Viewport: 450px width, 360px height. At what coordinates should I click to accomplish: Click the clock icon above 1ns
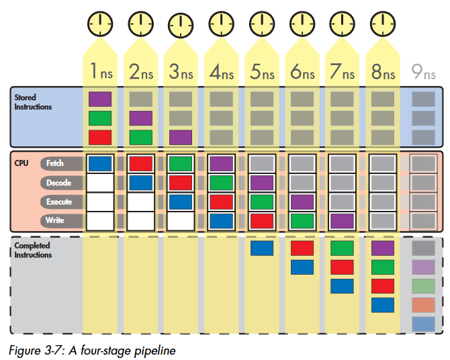click(100, 24)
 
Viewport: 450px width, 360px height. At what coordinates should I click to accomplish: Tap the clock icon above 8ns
click(383, 24)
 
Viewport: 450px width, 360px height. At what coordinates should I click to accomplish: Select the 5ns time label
click(261, 72)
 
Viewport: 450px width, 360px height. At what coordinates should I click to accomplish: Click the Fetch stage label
click(55, 163)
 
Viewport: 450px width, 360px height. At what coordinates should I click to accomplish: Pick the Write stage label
click(55, 220)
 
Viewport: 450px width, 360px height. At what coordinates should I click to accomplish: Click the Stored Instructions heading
click(33, 103)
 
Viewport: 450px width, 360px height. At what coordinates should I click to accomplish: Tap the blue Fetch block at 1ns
click(100, 163)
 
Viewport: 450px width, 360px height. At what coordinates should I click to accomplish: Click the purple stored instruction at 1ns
click(100, 99)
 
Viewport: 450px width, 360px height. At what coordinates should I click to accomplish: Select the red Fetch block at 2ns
click(140, 163)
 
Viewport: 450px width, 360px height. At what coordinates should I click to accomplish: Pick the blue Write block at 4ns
click(221, 220)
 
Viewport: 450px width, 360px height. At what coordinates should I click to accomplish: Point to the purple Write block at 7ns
click(343, 220)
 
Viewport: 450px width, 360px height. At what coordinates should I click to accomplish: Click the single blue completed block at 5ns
click(261, 249)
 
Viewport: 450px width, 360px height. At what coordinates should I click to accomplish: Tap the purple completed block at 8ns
click(383, 249)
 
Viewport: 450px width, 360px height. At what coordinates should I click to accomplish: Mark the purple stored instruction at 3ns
click(181, 138)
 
